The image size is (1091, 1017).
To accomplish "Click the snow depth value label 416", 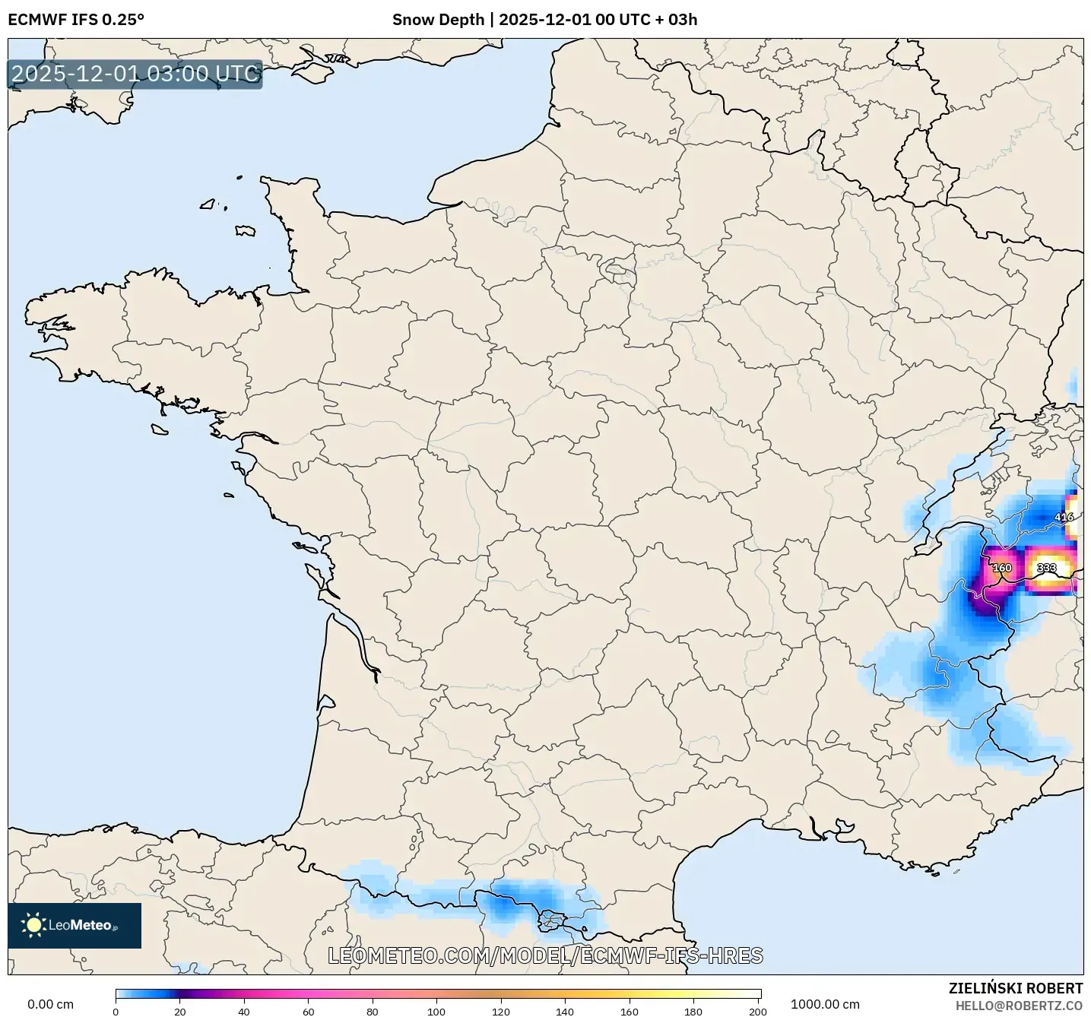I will coord(1064,518).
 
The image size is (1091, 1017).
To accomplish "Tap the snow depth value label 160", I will coord(1002,568).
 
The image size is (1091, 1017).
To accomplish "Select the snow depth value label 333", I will coord(1046,568).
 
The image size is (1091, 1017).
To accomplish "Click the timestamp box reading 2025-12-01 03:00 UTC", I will coord(135,74).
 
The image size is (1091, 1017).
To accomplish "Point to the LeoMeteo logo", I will coord(75,925).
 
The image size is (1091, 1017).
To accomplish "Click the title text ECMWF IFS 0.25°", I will coord(76,20).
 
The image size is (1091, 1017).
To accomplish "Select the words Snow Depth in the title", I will coord(438,20).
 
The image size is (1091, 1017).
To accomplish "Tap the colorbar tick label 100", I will coord(436,1012).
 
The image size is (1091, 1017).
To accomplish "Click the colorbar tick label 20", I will coord(179,1012).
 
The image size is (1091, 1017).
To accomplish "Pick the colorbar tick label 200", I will coord(757,1012).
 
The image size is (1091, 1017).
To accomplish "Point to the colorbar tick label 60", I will coord(308,1012).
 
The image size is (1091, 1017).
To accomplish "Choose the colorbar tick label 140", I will coord(565,1012).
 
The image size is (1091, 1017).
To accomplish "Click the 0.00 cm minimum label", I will coord(50,1004).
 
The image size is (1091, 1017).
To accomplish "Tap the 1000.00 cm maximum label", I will coord(825,1004).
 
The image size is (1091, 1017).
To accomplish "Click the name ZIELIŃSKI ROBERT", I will coord(1015,988).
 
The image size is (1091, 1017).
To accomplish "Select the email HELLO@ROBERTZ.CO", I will coord(1019,1006).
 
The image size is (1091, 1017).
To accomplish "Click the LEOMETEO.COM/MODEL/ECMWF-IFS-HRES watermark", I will coord(545,955).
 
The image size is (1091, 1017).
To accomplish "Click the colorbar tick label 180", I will coord(693,1012).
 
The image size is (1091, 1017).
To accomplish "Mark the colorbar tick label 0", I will coord(116,1012).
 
